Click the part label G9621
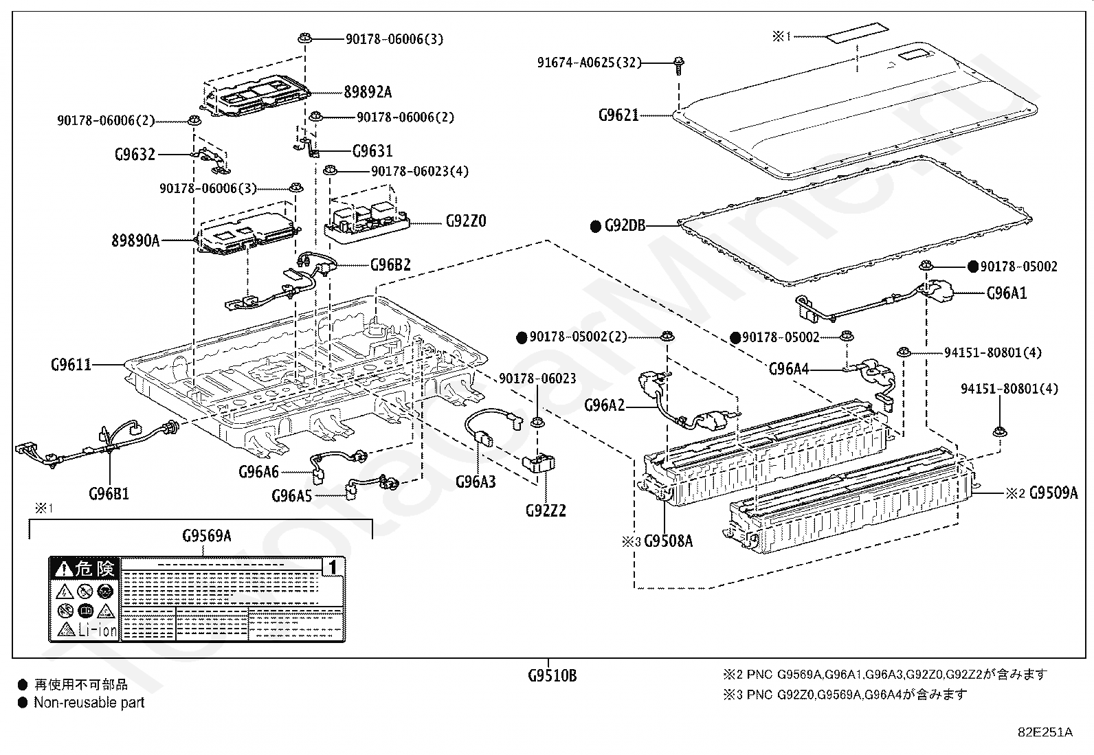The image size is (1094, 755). click(x=618, y=115)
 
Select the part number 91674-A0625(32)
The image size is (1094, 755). click(x=589, y=63)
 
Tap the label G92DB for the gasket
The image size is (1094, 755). click(x=625, y=225)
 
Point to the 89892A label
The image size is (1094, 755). click(x=368, y=92)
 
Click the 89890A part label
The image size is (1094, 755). click(x=135, y=240)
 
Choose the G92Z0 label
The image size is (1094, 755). click(x=466, y=221)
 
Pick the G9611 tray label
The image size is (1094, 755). click(x=71, y=364)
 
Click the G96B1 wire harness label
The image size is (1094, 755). click(x=109, y=493)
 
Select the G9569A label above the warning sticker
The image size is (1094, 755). click(x=206, y=536)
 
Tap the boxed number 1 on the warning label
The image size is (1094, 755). click(x=333, y=567)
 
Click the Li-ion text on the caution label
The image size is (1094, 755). click(x=98, y=629)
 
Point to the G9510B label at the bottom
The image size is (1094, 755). click(x=552, y=675)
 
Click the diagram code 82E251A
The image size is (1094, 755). click(x=1045, y=732)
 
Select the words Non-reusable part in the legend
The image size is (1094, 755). click(x=89, y=703)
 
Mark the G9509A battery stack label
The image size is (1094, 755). click(x=1053, y=493)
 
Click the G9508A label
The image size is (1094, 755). click(x=668, y=541)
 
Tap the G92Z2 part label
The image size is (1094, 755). click(x=546, y=510)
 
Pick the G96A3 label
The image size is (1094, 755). click(x=476, y=482)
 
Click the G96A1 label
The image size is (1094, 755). click(x=1007, y=293)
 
